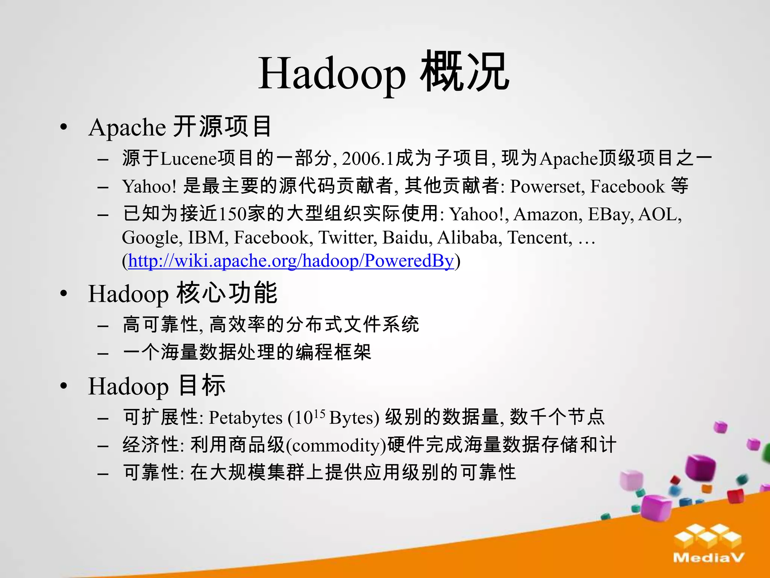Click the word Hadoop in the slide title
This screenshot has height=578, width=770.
(x=332, y=73)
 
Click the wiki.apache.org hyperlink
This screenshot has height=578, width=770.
(x=291, y=260)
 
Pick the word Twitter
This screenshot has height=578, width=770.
(x=347, y=237)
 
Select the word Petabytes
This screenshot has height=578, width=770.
(x=246, y=418)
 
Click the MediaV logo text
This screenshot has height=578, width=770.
(x=708, y=557)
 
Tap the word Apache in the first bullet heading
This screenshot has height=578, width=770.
(x=127, y=127)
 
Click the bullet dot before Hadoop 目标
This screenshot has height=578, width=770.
(x=64, y=386)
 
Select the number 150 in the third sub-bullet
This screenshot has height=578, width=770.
(x=232, y=214)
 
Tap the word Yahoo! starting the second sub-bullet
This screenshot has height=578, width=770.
(x=149, y=187)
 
